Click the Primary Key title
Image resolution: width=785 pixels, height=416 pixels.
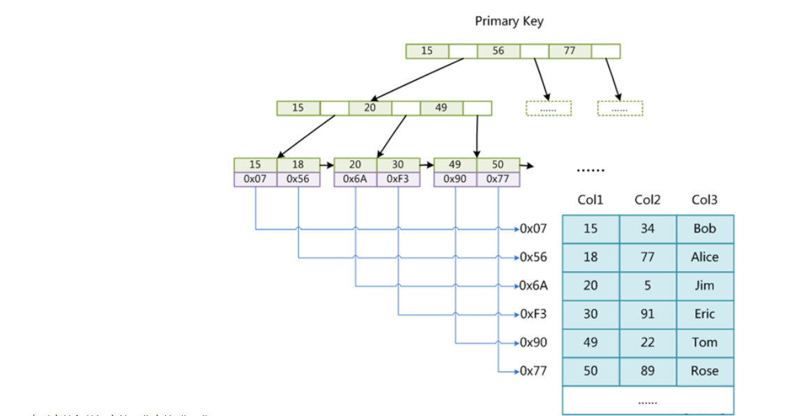pos(509,21)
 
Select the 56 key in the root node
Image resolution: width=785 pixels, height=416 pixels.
pos(498,51)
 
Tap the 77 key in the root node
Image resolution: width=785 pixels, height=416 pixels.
pos(570,51)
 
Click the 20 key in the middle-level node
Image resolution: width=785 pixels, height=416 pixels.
pos(369,108)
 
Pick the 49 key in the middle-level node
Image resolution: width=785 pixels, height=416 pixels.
pos(441,108)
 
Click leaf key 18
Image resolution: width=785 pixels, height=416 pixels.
pos(298,165)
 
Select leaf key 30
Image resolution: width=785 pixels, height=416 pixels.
pos(398,165)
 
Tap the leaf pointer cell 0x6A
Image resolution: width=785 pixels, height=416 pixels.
pos(356,179)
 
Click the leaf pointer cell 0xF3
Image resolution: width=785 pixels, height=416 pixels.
pos(398,179)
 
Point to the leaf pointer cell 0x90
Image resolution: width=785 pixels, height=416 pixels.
pos(455,179)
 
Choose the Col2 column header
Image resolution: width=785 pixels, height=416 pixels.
pos(648,200)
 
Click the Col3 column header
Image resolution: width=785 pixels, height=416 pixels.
pos(704,200)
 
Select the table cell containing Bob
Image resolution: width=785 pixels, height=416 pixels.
pos(705,229)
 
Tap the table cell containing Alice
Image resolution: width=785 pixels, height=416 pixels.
pos(705,257)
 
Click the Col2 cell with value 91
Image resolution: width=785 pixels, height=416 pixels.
pos(648,314)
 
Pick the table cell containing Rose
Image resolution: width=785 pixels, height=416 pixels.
pos(705,371)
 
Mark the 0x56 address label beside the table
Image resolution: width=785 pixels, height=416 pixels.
pos(533,257)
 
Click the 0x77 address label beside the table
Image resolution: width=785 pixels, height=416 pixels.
pos(533,371)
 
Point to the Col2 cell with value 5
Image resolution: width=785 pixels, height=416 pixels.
pos(648,286)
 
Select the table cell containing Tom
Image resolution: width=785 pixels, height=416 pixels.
pos(705,343)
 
